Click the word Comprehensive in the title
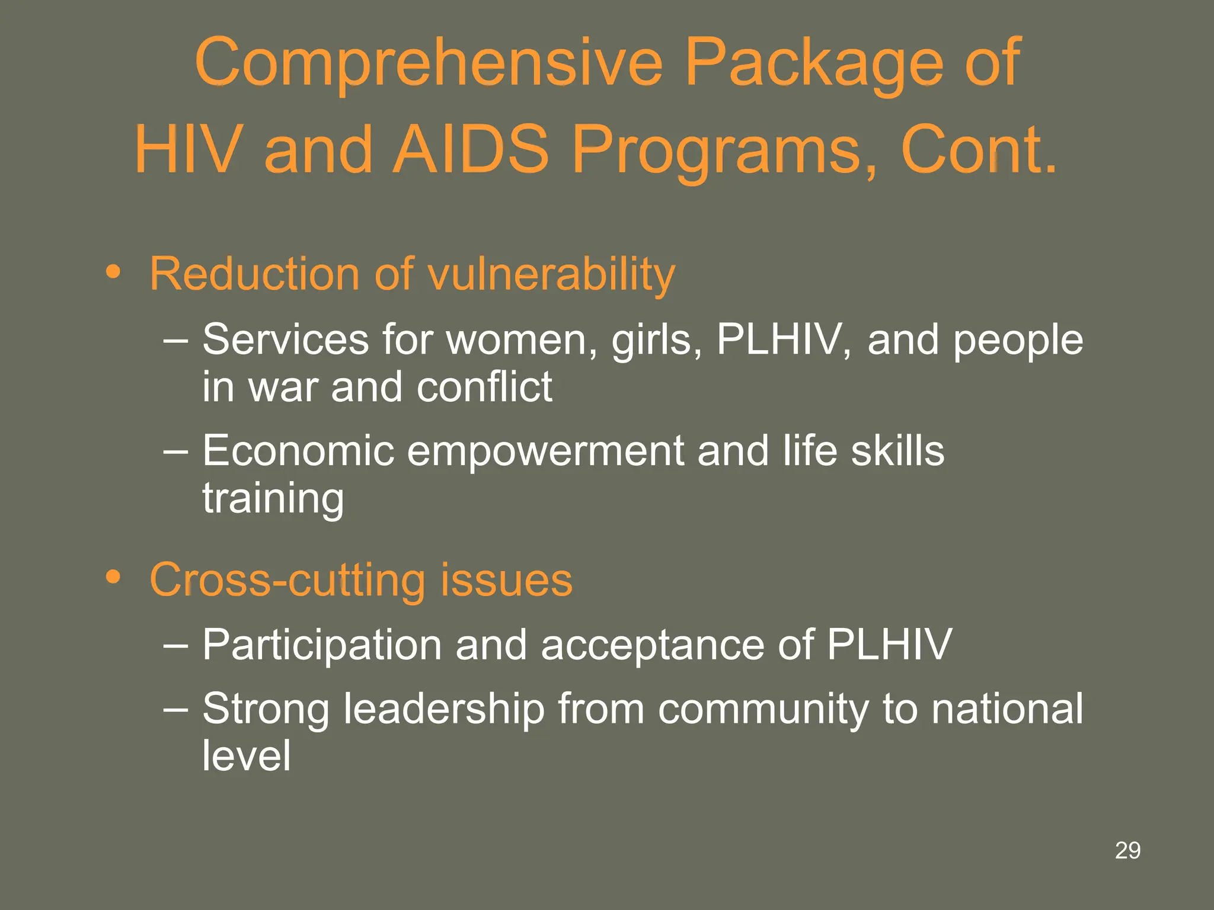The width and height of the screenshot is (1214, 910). [428, 63]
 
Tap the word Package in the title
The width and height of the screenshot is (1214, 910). [813, 63]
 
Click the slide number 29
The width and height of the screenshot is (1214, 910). [1127, 851]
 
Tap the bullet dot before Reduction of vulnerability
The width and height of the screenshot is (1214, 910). [113, 273]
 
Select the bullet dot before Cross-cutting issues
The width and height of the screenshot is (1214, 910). [113, 577]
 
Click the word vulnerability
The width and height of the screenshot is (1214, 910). [551, 275]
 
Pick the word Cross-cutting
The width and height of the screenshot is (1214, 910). [287, 579]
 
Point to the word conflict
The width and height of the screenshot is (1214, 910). [484, 387]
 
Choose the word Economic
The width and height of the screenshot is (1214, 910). [298, 451]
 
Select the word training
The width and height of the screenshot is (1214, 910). [273, 499]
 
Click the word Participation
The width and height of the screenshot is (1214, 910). [322, 645]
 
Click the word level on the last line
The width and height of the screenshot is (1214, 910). [247, 755]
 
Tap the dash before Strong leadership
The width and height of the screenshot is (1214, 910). [175, 709]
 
